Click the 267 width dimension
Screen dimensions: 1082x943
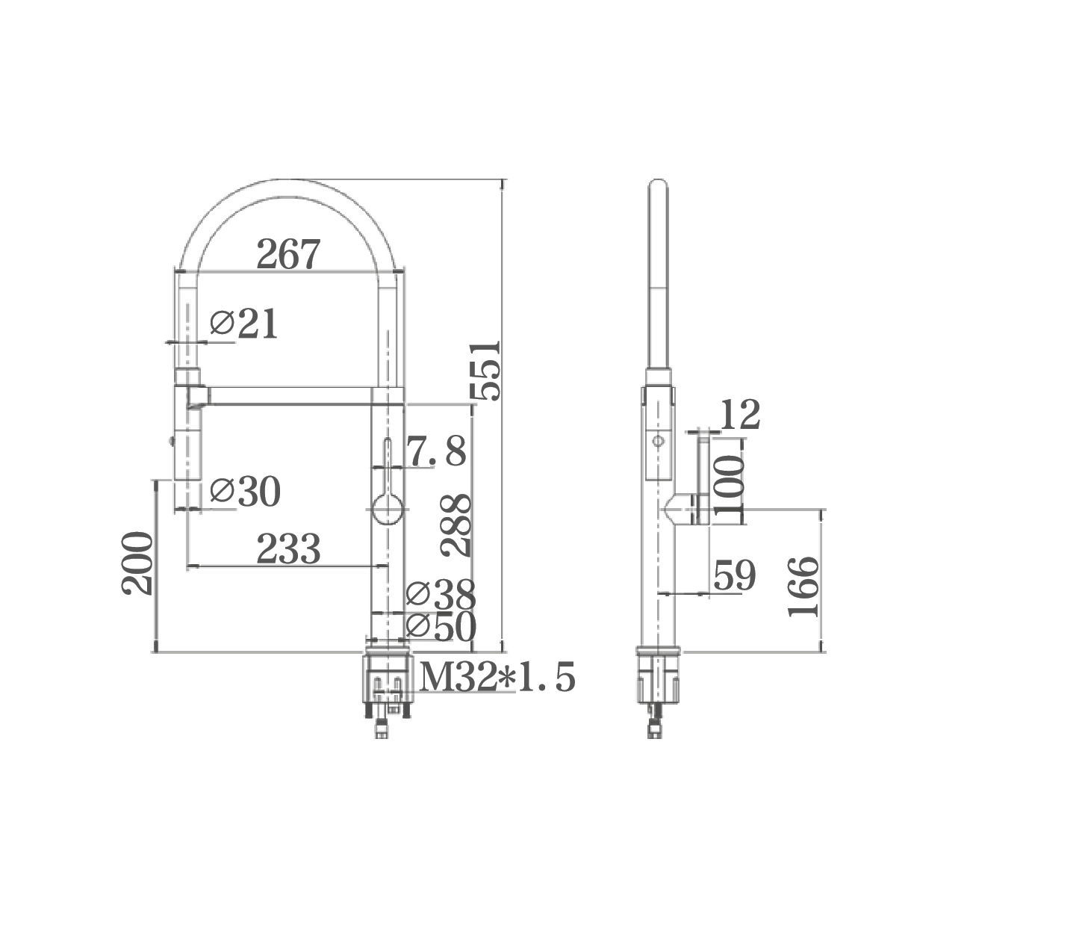(x=288, y=254)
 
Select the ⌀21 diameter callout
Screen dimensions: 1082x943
(x=243, y=323)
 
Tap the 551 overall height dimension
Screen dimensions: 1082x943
(x=485, y=371)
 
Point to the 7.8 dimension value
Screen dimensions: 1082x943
(x=436, y=451)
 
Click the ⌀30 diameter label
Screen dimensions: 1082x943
(x=245, y=492)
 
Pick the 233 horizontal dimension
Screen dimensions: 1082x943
(x=288, y=548)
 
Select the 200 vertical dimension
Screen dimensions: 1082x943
(x=137, y=563)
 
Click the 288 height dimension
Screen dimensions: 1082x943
(x=456, y=525)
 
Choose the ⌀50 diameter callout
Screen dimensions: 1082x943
(x=441, y=627)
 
